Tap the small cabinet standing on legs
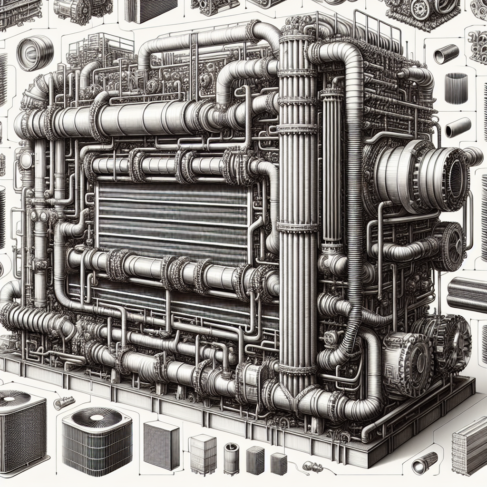[x=203, y=452]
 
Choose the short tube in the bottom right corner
[x=424, y=463]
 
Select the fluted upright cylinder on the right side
[x=456, y=88]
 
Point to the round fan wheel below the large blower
[x=450, y=246]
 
